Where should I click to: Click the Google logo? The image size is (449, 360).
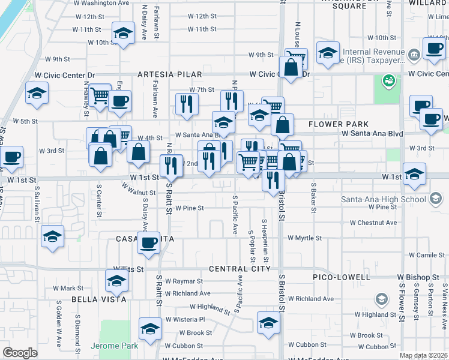pos(20,353)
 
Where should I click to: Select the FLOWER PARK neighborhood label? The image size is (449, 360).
pos(339,125)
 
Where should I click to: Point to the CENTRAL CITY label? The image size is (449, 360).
pos(240,268)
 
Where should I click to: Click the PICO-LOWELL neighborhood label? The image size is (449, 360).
pos(342,277)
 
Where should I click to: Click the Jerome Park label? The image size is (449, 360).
pos(114,346)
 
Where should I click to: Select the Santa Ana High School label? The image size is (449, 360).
pos(384,199)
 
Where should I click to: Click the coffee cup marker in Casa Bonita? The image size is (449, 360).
pos(148,242)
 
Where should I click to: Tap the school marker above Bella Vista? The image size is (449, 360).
pos(116,280)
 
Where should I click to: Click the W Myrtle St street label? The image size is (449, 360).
pos(304,238)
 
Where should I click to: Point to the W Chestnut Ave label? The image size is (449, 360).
pos(373,223)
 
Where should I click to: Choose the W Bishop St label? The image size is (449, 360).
pos(418,278)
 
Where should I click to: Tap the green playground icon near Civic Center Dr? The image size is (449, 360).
pos(388,80)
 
